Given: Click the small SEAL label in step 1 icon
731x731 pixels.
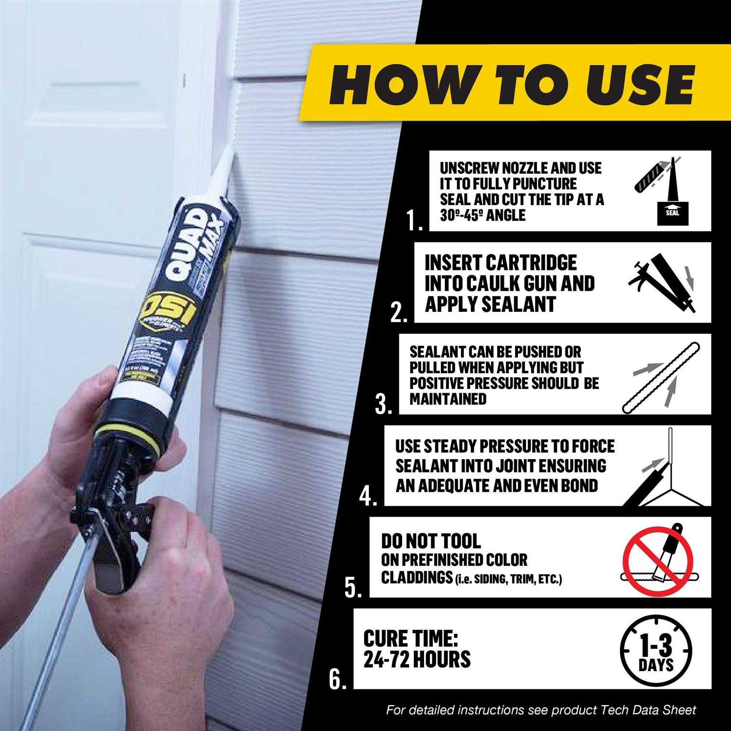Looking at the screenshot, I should (672, 212).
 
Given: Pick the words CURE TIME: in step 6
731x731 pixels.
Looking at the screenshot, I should (410, 638).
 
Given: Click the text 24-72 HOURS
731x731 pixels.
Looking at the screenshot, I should (417, 659).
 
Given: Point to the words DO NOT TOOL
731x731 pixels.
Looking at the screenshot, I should (431, 541).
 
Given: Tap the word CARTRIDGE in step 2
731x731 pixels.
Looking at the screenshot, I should (531, 263).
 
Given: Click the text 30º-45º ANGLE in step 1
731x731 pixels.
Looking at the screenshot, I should (482, 215).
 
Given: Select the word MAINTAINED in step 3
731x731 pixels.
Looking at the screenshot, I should (448, 399).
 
